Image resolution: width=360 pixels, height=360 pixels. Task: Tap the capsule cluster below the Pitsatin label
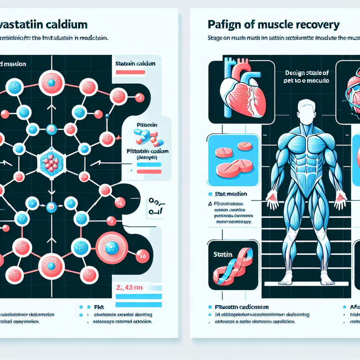click(146, 137)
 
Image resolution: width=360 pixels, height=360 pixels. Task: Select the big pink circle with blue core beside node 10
click(111, 248)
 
